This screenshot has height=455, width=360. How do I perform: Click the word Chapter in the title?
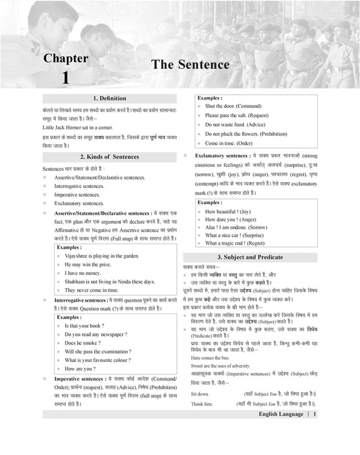65,58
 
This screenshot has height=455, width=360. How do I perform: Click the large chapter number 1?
65,78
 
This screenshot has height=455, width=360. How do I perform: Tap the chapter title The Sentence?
190,65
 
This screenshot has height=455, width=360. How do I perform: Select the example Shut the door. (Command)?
233,105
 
